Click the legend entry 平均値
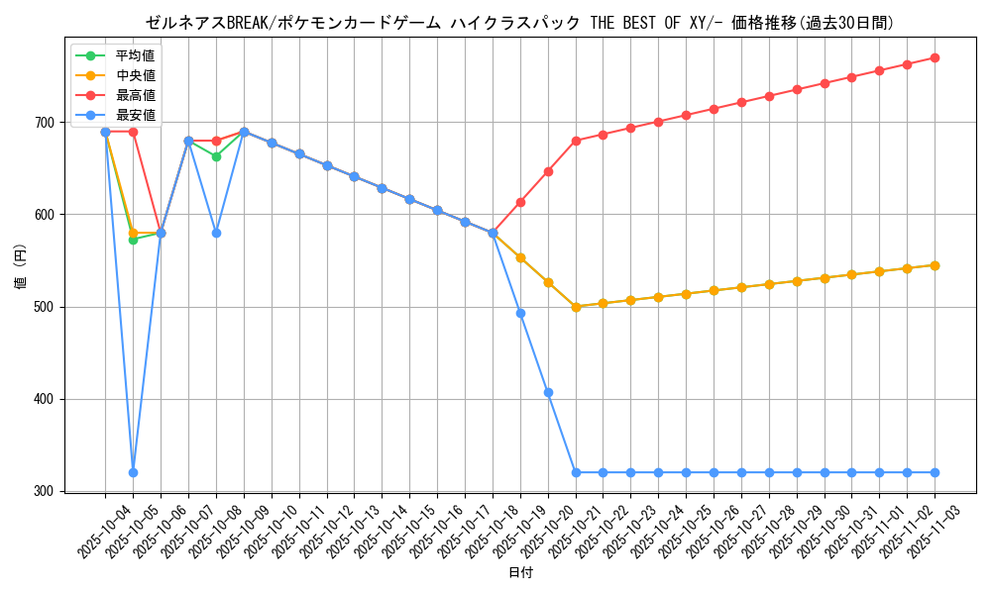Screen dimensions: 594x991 coord(135,55)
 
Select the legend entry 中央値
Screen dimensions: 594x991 coord(135,75)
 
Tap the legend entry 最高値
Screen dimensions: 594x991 coord(135,95)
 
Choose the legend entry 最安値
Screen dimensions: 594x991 coord(135,115)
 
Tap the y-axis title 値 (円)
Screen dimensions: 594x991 coord(20,268)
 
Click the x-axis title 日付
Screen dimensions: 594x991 coord(520,573)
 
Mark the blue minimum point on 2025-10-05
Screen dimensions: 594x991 coord(133,472)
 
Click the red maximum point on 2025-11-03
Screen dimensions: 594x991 coord(935,57)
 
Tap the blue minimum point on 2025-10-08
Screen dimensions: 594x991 coord(216,233)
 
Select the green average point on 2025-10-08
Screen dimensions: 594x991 coord(216,156)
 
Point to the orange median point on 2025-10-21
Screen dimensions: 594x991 coord(576,307)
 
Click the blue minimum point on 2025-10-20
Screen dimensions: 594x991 coord(548,393)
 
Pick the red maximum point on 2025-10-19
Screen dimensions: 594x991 coord(520,202)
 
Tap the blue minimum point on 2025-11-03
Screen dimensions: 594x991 coord(935,472)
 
